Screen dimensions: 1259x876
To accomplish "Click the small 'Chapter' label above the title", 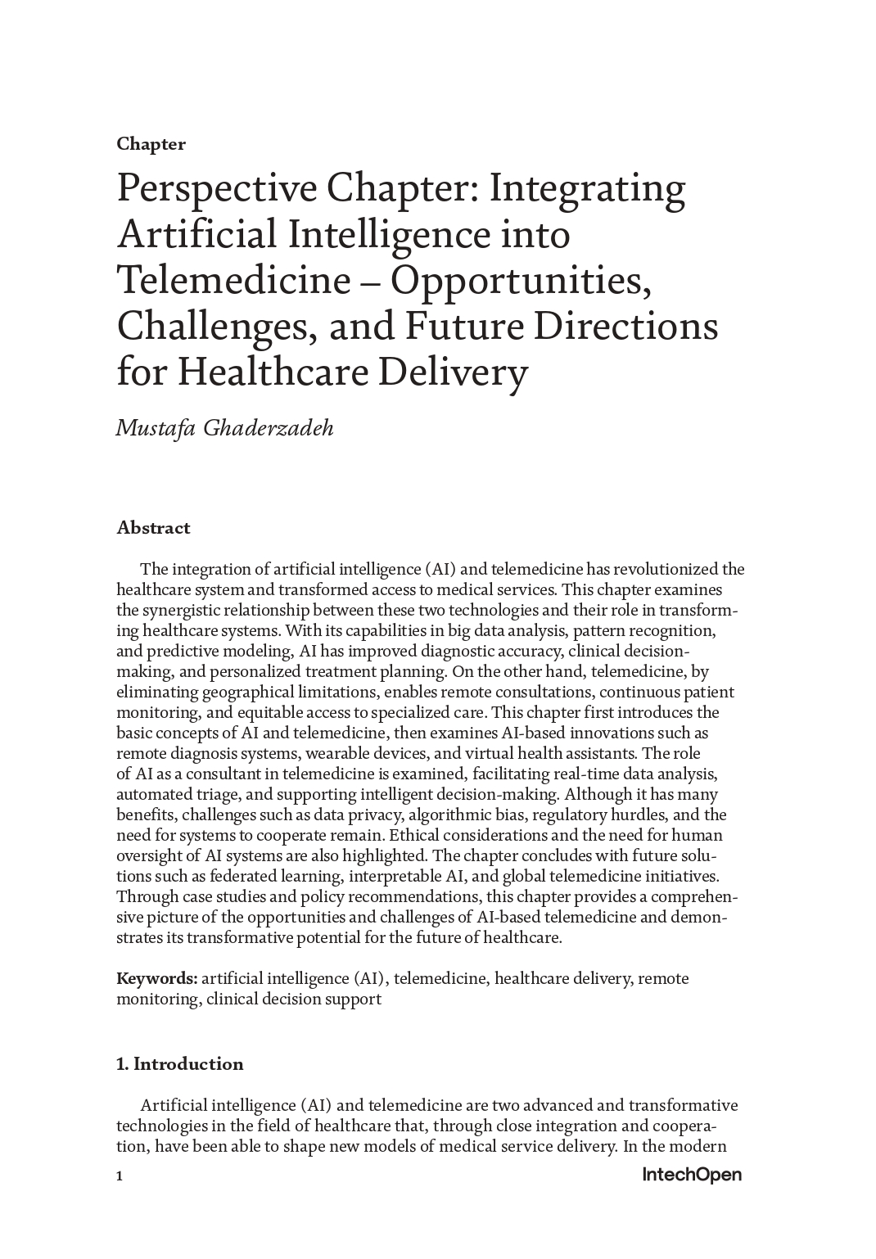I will click(151, 144).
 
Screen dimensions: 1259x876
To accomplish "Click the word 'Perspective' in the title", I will click(217, 190).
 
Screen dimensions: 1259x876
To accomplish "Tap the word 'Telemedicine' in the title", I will click(233, 280).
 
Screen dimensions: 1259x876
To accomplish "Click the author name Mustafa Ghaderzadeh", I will click(225, 428).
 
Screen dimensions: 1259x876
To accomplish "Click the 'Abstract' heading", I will click(153, 528).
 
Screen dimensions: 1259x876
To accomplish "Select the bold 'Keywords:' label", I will click(156, 978).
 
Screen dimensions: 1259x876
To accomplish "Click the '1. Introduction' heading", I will click(180, 1064).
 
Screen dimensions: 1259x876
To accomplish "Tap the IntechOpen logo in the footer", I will click(692, 1176).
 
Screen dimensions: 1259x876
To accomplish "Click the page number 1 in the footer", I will click(120, 1176).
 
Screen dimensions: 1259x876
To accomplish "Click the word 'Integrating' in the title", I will click(587, 190).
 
